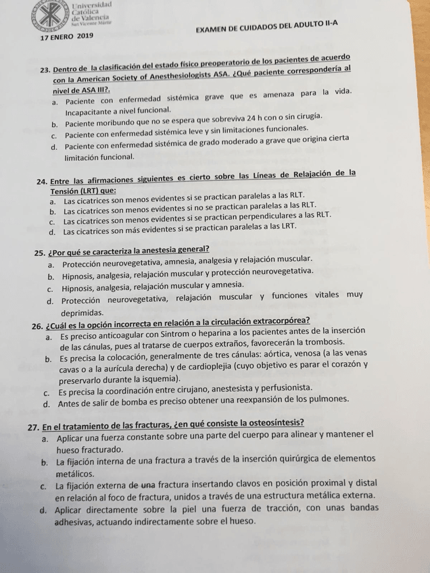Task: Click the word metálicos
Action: [x=79, y=474]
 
